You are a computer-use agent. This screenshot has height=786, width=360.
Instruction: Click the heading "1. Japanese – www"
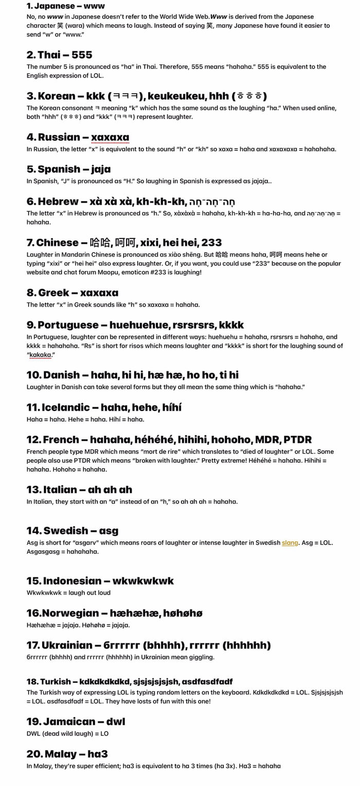(65, 6)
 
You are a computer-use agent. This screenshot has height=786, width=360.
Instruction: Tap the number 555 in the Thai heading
(82, 55)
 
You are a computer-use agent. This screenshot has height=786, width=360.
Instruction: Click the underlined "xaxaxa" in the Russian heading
(110, 137)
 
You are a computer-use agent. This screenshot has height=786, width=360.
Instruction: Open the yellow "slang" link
(290, 543)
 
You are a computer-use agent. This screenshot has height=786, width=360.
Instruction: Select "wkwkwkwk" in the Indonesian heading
(143, 581)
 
